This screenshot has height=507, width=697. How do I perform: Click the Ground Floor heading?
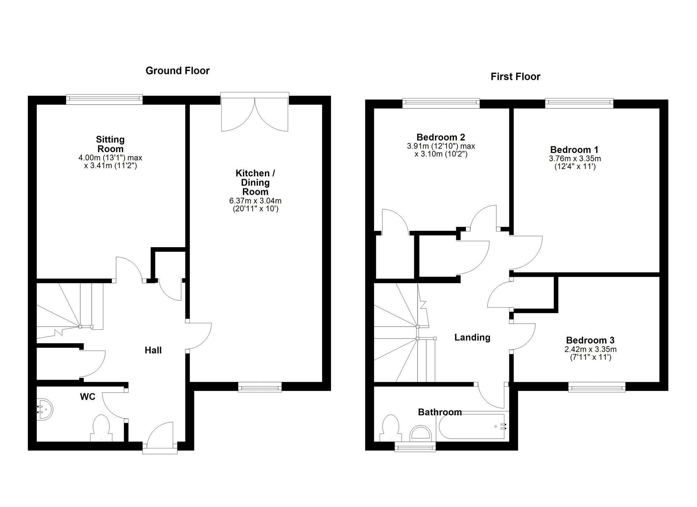(177, 71)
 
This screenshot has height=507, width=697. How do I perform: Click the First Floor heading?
(515, 77)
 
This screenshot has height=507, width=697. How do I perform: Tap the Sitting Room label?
(110, 144)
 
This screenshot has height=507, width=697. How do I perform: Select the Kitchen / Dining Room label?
(255, 182)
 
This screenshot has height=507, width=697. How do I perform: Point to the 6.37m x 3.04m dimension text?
(255, 201)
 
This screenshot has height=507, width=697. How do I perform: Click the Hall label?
(153, 350)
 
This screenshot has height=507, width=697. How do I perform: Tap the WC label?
(87, 397)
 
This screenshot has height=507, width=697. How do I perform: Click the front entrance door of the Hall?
(160, 436)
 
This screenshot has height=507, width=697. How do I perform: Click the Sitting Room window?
(104, 99)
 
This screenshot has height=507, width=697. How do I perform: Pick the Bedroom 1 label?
(574, 150)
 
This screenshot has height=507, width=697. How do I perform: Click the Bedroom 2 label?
(441, 137)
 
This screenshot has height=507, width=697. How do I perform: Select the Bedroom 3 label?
(590, 340)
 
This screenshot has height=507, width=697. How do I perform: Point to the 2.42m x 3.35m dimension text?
(590, 349)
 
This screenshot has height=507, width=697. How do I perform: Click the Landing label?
(472, 338)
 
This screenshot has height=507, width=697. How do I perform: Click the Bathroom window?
(415, 447)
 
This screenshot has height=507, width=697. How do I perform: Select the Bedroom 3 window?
(597, 387)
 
